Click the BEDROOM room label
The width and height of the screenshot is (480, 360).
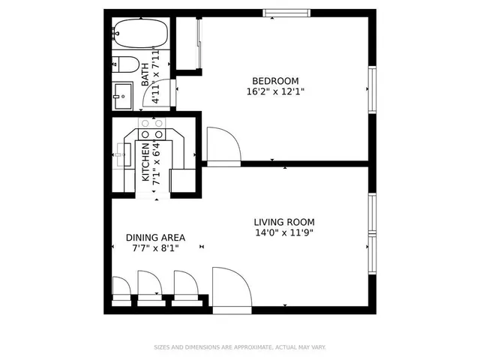tap(275, 81)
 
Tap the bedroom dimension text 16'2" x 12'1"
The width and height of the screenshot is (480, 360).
tap(275, 91)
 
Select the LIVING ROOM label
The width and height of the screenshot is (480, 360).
tap(283, 222)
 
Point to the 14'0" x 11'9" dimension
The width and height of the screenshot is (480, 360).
tap(283, 232)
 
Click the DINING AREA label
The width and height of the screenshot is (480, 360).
tap(155, 238)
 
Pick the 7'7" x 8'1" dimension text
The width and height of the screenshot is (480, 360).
tap(155, 248)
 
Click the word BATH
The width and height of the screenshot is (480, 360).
tap(145, 73)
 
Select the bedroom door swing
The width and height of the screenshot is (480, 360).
tap(221, 145)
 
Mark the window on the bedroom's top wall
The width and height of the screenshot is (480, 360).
tap(286, 13)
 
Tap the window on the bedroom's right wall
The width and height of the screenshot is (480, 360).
tap(371, 89)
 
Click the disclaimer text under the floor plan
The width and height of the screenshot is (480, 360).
tap(239, 347)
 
